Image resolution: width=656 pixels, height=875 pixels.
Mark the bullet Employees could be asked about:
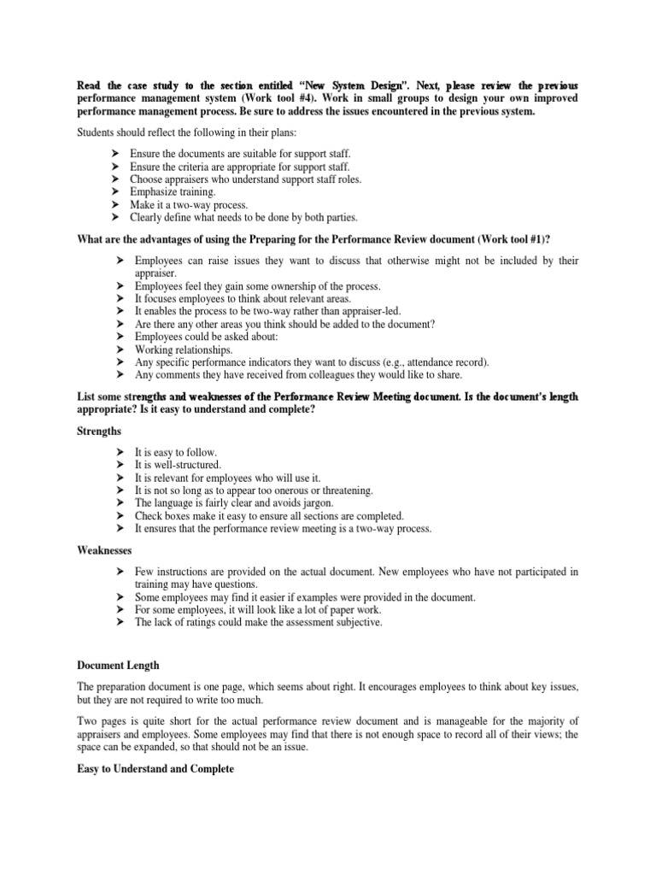click(202, 337)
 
